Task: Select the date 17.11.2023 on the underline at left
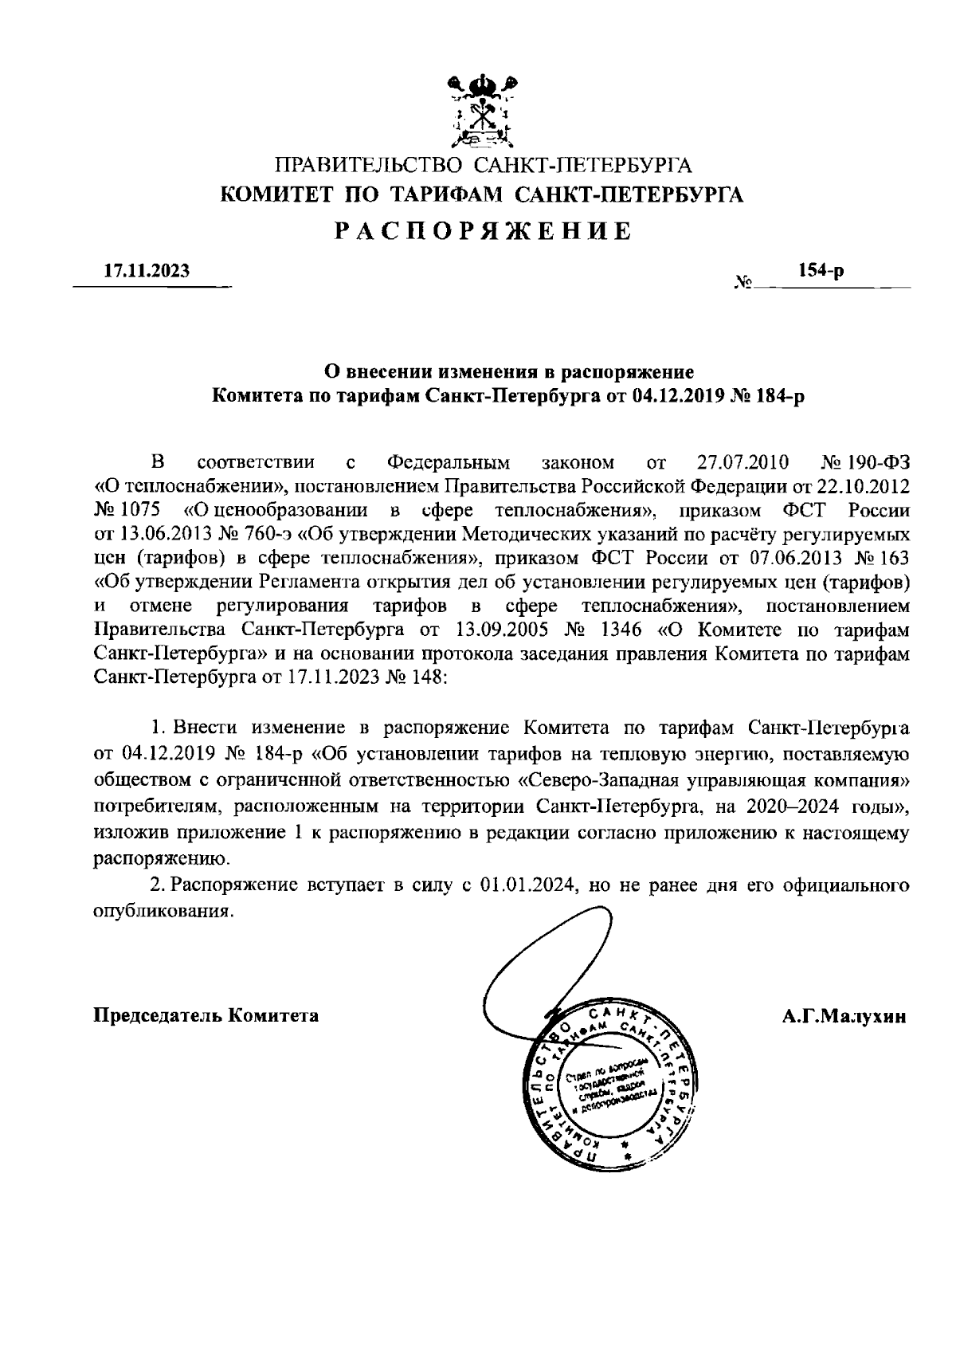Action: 147,271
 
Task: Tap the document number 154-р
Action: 821,270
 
